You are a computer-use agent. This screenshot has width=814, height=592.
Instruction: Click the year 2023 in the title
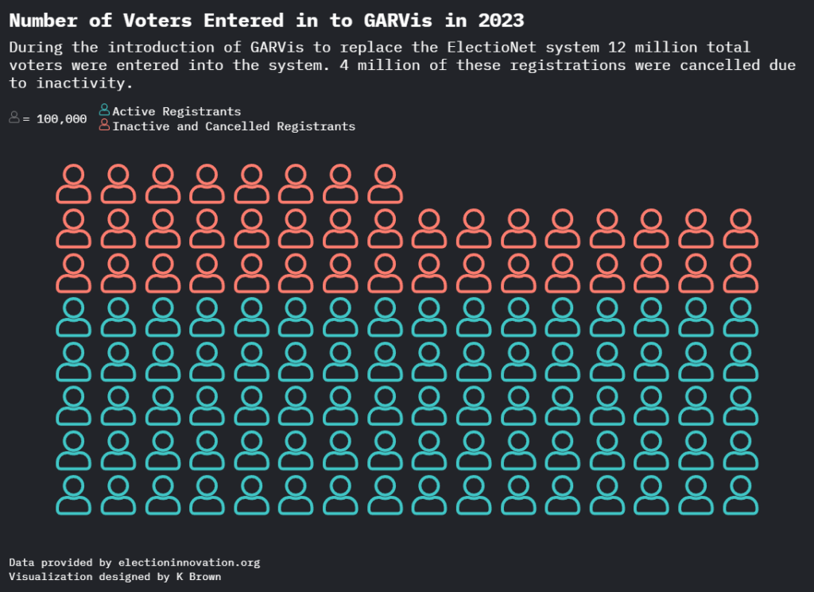tap(501, 19)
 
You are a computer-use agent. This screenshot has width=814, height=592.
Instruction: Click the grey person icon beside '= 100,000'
tap(14, 118)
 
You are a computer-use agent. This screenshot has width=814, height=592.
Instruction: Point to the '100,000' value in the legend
tap(62, 119)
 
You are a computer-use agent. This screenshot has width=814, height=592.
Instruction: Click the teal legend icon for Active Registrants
tap(104, 110)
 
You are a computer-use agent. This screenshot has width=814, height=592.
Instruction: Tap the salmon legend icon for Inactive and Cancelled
tap(104, 125)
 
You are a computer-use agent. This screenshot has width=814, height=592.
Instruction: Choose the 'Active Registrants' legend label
tap(176, 112)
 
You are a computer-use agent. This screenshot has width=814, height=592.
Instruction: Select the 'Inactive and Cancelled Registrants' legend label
tap(234, 126)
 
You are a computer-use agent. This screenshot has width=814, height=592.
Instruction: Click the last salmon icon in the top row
tap(385, 184)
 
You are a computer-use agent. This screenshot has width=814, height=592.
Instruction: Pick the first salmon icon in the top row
tap(74, 184)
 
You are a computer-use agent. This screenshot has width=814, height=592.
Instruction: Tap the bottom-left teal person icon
tap(74, 494)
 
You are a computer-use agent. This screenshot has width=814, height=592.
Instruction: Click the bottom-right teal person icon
tap(741, 494)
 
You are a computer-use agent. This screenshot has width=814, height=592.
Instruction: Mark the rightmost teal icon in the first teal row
tap(741, 316)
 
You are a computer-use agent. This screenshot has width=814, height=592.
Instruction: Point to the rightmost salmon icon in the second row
tap(741, 228)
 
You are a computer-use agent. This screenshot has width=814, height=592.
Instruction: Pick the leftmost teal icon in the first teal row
tap(74, 316)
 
